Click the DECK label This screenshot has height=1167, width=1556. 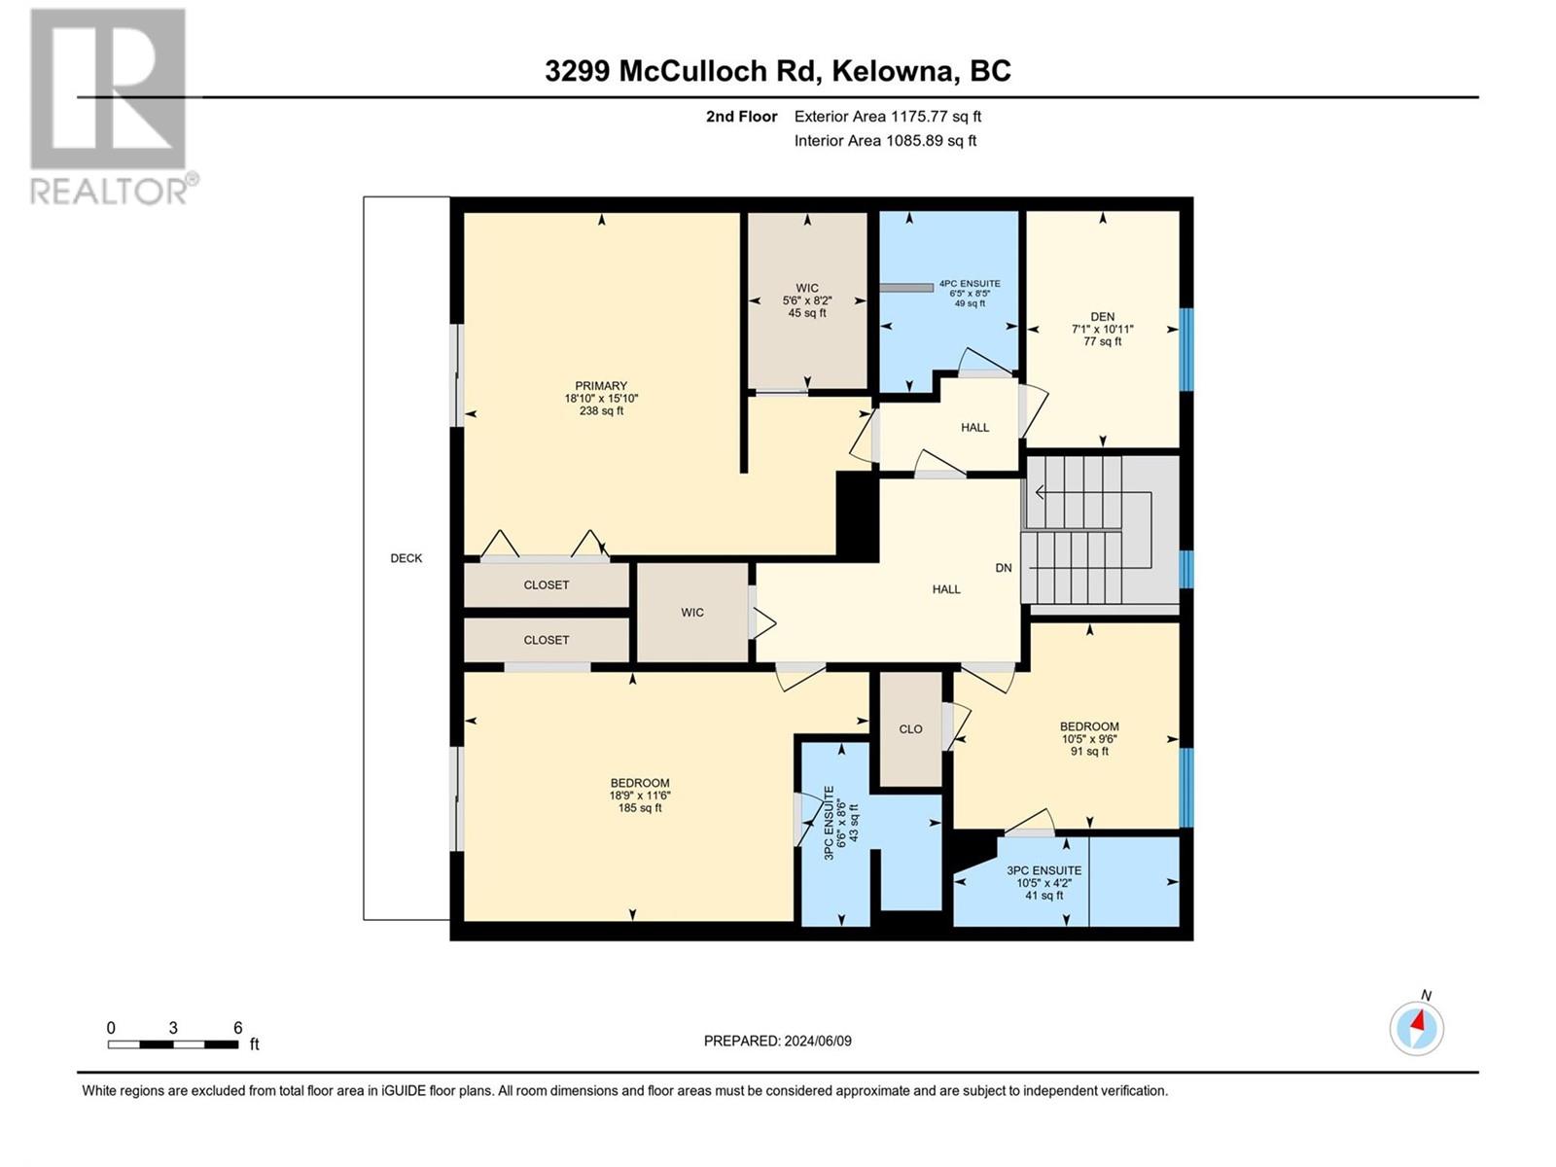coord(407,558)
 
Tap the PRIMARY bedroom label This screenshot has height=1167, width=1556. coord(601,386)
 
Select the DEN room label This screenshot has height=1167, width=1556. coord(1102,317)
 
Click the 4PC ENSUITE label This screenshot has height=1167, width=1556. coord(969,284)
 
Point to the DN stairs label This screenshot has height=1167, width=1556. coord(1004,568)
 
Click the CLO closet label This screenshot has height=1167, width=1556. coord(910,729)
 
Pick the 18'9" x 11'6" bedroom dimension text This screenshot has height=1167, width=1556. coord(640,796)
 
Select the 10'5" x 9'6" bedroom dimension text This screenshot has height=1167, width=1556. coord(1089,739)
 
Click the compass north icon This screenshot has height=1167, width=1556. coord(1417,1027)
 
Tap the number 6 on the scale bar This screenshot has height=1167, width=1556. coord(237,1028)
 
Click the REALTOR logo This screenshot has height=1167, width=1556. coord(109,107)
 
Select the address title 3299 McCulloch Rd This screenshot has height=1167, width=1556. coord(777,71)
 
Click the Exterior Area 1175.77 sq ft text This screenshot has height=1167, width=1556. coord(887,117)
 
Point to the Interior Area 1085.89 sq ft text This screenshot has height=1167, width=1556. coord(885,141)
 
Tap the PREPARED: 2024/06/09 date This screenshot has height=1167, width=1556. coord(777,1041)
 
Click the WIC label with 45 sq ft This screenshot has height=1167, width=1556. coord(807,301)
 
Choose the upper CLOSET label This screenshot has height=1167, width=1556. coord(547,585)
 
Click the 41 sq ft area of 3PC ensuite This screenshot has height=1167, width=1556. coord(1044,896)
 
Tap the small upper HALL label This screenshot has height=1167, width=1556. coord(974,428)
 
